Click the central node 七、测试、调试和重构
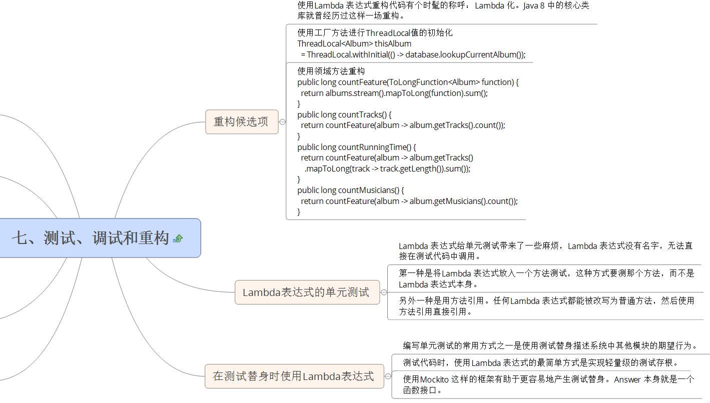[100, 238]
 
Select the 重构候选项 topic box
[242, 121]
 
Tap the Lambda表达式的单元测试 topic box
[307, 292]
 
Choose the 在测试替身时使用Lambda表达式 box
[294, 376]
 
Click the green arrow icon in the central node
[178, 238]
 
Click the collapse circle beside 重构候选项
[282, 121]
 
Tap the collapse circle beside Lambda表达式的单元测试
[384, 292]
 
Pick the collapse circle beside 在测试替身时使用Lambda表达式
[388, 376]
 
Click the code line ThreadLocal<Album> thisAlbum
[354, 43]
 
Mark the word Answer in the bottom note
[627, 379]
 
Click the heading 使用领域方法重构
[331, 71]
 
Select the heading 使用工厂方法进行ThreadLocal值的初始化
[375, 33]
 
